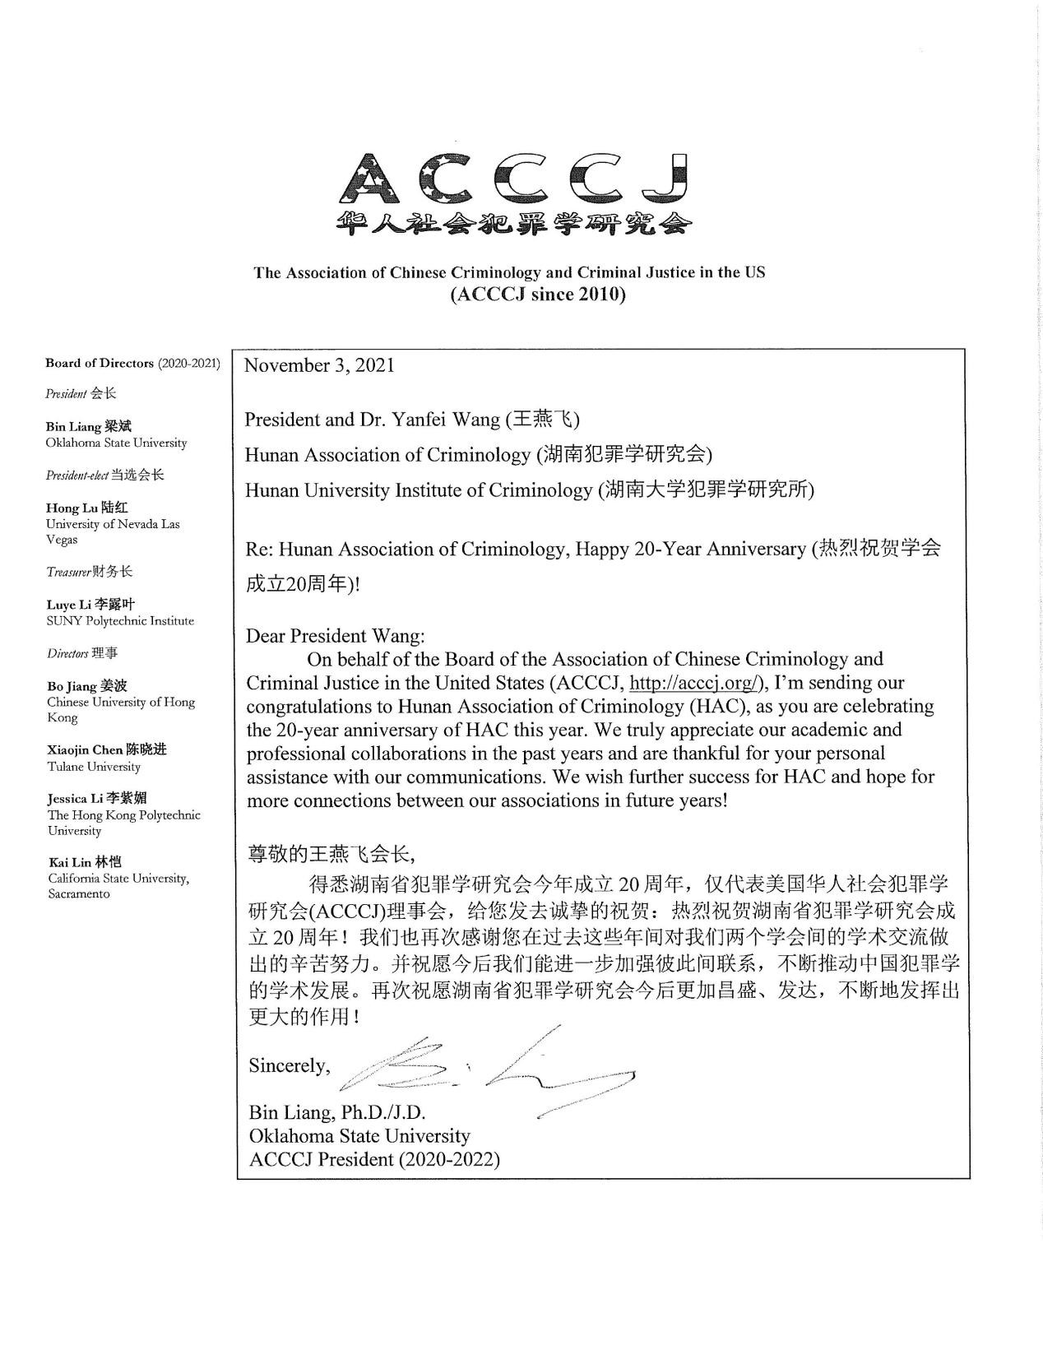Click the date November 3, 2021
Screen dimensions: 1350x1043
tap(319, 365)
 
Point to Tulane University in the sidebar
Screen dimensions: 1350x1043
tap(94, 767)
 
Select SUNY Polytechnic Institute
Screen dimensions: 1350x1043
tap(120, 621)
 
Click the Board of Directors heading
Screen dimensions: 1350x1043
tap(100, 363)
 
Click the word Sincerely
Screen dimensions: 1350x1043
tap(289, 1066)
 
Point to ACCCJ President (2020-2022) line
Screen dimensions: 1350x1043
tap(374, 1159)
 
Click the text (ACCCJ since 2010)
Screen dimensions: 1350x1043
tap(537, 295)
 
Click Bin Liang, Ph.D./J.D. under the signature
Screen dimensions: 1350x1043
tap(336, 1113)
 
